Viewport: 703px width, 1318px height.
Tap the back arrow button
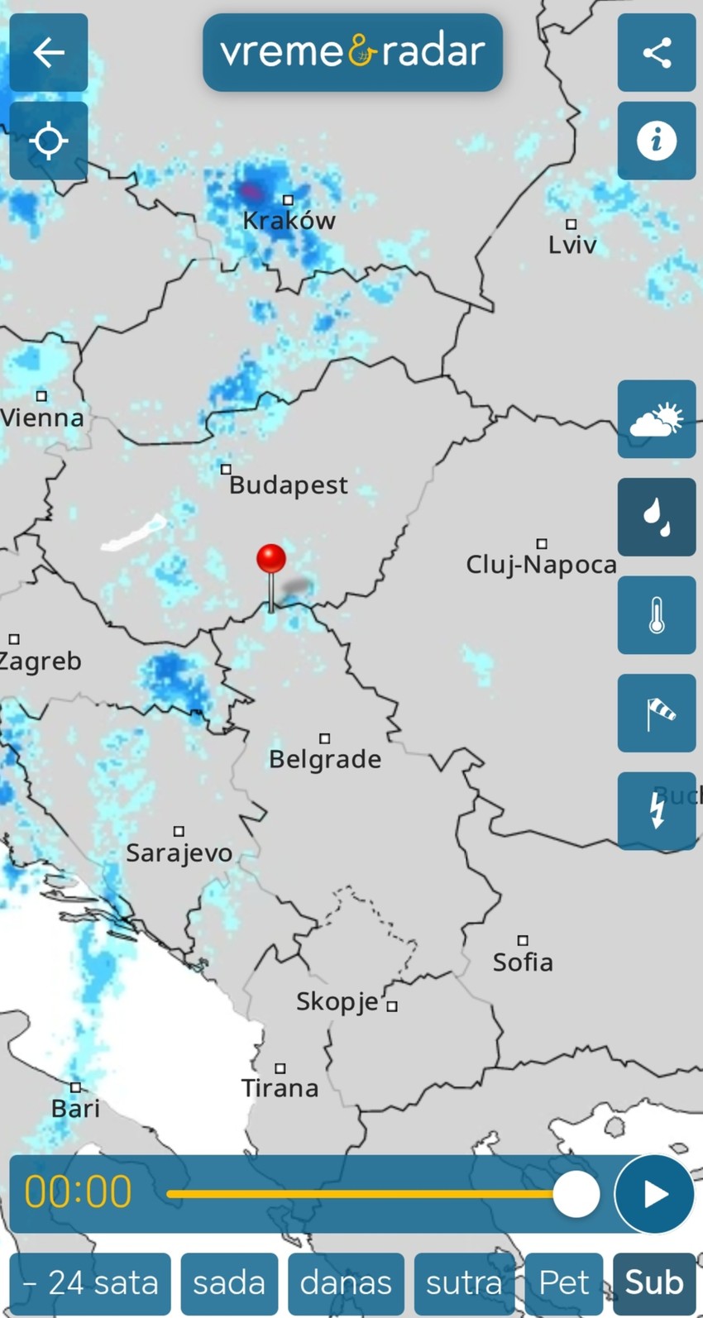point(49,53)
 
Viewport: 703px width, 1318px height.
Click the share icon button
point(657,53)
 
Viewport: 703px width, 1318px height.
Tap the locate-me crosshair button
point(49,141)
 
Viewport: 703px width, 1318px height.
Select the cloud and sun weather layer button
point(657,419)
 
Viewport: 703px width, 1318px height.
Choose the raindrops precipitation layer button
point(657,517)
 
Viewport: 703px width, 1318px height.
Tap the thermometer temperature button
point(657,615)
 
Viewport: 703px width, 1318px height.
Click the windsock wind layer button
point(657,713)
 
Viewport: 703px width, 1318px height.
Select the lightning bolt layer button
point(657,810)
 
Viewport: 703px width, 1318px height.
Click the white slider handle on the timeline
point(576,1194)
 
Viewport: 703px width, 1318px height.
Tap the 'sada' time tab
point(229,1282)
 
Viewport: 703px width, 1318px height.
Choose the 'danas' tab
point(346,1282)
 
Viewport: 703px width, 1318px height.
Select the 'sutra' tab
point(464,1282)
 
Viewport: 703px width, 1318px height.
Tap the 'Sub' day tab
point(654,1282)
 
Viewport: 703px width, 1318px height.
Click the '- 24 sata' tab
point(90,1282)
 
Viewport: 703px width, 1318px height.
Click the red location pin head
point(271,559)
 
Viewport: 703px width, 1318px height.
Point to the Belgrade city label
point(325,759)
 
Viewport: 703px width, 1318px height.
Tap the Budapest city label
point(289,485)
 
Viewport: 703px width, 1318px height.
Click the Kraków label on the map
point(289,221)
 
